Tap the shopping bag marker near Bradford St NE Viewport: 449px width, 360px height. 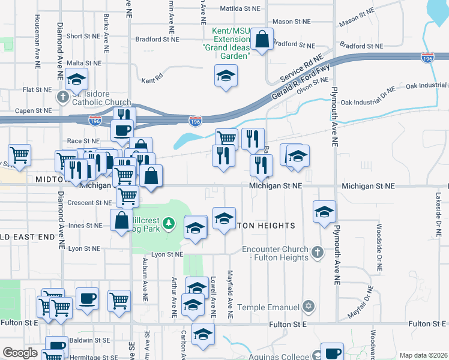pos(262,40)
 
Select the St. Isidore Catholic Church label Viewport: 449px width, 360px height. pos(100,97)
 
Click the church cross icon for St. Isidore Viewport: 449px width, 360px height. pos(62,97)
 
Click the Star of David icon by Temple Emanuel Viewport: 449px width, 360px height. pos(309,307)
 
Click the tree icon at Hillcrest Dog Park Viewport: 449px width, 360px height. pos(170,224)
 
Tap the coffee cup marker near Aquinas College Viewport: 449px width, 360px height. pos(331,353)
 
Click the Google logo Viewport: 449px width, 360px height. pos(20,353)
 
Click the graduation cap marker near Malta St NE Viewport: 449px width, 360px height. pos(76,79)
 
